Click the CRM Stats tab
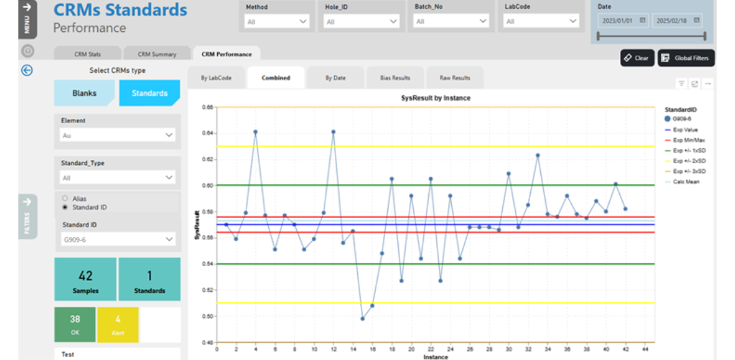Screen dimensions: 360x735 pyautogui.click(x=87, y=54)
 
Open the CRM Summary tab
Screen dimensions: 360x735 pyautogui.click(x=157, y=54)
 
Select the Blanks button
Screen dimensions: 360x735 pyautogui.click(x=84, y=93)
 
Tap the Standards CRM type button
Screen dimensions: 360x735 pyautogui.click(x=149, y=93)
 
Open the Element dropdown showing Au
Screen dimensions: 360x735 pyautogui.click(x=117, y=135)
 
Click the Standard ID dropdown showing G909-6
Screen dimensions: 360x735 pyautogui.click(x=117, y=239)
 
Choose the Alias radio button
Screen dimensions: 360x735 pyautogui.click(x=65, y=198)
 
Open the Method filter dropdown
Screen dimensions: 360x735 pyautogui.click(x=278, y=22)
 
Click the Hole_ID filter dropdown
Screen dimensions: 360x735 pyautogui.click(x=361, y=22)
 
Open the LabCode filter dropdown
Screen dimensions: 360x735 pyautogui.click(x=542, y=22)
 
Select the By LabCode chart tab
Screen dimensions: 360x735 pyautogui.click(x=216, y=78)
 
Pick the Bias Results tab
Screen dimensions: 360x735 pyautogui.click(x=395, y=78)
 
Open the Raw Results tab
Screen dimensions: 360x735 pyautogui.click(x=455, y=78)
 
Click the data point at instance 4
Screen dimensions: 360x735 pyautogui.click(x=255, y=132)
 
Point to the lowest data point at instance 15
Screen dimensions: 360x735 pyautogui.click(x=362, y=318)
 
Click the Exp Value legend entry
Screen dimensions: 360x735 pyautogui.click(x=684, y=129)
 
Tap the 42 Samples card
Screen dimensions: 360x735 pyautogui.click(x=86, y=279)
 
